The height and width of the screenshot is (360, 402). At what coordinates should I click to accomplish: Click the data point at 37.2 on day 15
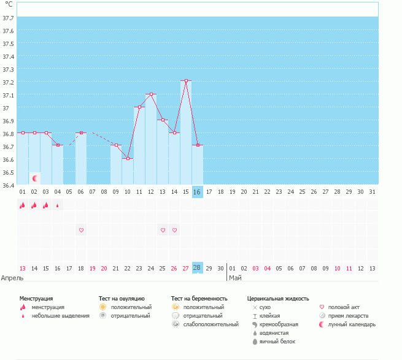(x=186, y=81)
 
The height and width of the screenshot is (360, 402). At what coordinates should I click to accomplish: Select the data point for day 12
(x=151, y=94)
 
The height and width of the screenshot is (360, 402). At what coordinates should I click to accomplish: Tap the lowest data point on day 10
(x=128, y=158)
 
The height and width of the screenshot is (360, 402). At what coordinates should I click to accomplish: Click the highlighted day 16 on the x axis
(x=197, y=192)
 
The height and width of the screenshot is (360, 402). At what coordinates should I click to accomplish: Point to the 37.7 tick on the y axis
(x=9, y=18)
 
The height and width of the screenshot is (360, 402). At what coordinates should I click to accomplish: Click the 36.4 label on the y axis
(x=9, y=185)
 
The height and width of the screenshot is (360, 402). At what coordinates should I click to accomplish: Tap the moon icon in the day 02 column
(x=35, y=178)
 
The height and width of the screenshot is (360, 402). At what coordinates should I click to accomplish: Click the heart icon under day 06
(x=81, y=230)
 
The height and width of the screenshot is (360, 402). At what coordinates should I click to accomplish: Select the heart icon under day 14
(x=174, y=230)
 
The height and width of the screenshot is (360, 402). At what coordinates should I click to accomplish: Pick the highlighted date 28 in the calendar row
(x=197, y=268)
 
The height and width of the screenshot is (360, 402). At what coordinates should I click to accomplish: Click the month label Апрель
(x=12, y=278)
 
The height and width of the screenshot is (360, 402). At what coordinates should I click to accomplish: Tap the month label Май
(x=235, y=278)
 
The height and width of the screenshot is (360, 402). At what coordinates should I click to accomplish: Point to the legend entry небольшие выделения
(x=61, y=316)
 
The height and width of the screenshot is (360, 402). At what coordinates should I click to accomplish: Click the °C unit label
(x=9, y=4)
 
